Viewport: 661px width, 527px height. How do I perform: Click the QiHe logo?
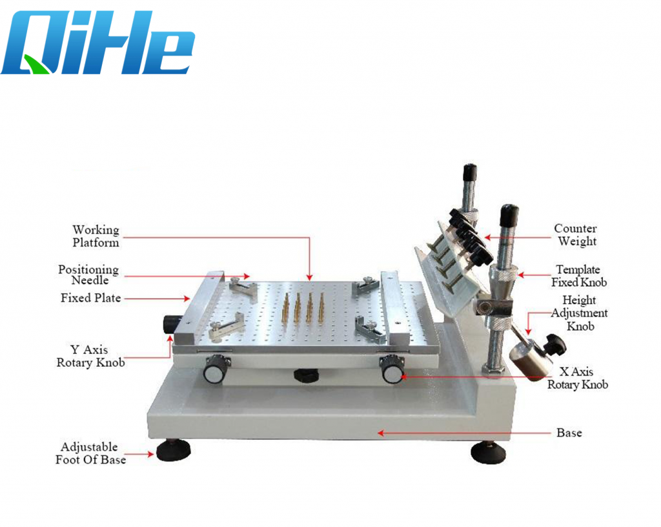click(98, 43)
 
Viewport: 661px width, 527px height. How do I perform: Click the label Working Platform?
click(96, 236)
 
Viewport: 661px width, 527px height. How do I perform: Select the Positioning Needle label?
click(88, 275)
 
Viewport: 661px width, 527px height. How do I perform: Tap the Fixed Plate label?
click(90, 298)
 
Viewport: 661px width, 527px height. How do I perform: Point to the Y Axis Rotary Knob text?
click(90, 356)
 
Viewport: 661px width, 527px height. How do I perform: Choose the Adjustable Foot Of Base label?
click(90, 453)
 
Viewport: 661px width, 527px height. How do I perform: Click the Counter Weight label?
click(576, 235)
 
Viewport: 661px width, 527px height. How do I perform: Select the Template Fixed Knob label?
click(579, 276)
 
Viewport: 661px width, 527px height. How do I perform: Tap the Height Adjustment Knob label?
click(579, 313)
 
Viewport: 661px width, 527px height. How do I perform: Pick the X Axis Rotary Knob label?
click(578, 378)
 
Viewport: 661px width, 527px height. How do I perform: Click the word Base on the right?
click(569, 433)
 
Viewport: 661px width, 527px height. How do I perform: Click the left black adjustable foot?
click(173, 451)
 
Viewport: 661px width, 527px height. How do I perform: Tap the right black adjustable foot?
click(488, 453)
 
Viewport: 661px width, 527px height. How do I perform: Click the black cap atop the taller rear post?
click(470, 172)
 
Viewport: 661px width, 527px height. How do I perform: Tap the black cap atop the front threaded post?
click(509, 216)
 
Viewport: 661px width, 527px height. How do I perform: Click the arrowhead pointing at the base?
click(380, 433)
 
